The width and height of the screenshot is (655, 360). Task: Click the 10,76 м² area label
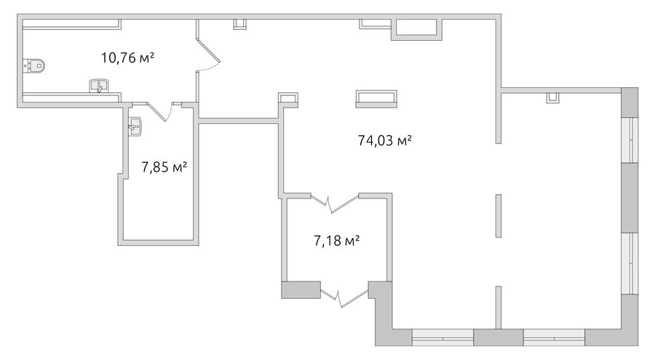tap(128, 57)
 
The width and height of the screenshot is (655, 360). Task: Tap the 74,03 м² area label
tap(385, 140)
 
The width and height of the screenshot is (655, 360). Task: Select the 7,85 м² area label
tap(164, 167)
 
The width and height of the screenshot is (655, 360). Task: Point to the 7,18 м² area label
tap(337, 241)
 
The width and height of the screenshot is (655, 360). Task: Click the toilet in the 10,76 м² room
tap(33, 65)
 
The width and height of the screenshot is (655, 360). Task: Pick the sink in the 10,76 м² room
tap(99, 86)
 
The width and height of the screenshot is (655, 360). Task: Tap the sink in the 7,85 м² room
tap(135, 127)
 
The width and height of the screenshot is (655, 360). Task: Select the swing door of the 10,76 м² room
tap(207, 55)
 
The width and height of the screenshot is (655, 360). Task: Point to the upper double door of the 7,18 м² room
tap(335, 204)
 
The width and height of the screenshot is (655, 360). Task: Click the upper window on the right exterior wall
tap(630, 140)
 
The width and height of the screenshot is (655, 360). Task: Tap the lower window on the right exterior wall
tap(630, 263)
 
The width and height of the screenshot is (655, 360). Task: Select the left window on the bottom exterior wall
tap(442, 337)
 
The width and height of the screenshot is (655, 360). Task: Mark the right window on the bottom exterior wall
tap(554, 337)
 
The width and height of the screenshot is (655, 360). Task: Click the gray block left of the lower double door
tap(301, 290)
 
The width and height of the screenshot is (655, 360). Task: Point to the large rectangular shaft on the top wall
tap(416, 29)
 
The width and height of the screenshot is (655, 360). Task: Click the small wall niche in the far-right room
tap(552, 97)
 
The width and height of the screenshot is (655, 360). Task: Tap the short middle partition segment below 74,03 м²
tap(498, 215)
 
